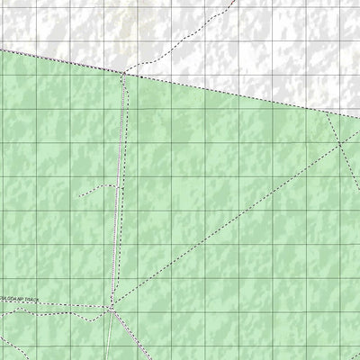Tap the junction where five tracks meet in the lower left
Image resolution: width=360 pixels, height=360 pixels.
click(x=111, y=309)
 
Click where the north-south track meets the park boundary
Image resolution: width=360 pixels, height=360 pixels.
click(x=123, y=73)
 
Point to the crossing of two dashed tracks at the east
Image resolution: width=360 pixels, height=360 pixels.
click(x=339, y=144)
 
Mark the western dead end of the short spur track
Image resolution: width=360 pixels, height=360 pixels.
click(x=78, y=195)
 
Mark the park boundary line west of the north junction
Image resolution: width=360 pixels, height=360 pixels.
click(x=63, y=60)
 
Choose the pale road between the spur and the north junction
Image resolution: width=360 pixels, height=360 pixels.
click(x=121, y=135)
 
